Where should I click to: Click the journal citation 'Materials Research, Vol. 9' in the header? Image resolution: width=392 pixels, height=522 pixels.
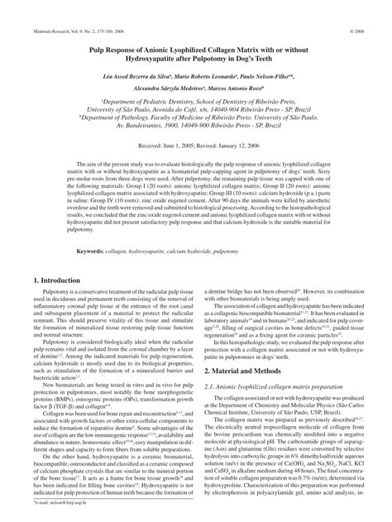(50, 12)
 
